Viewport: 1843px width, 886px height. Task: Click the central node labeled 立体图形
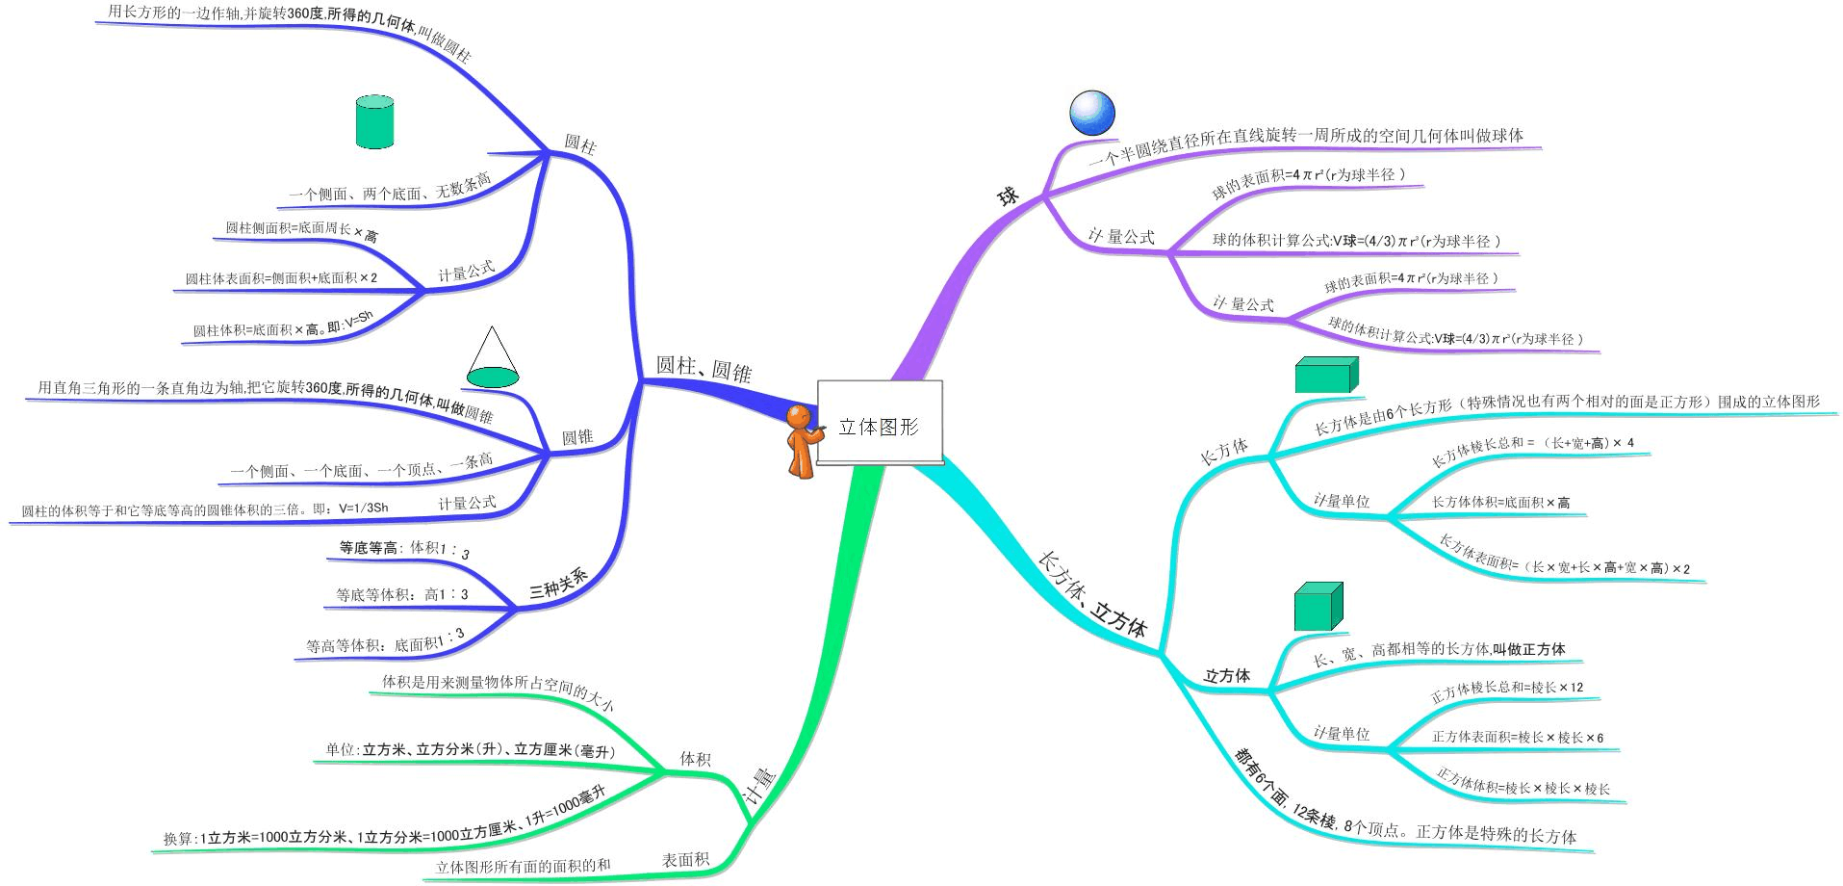point(879,425)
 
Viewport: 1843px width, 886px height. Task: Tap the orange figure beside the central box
point(801,441)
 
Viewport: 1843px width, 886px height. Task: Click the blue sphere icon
point(1091,112)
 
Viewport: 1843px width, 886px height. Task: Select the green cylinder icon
point(374,121)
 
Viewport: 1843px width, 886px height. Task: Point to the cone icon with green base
point(493,357)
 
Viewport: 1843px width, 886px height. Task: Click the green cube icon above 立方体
point(1318,607)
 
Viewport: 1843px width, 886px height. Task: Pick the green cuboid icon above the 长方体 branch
point(1325,375)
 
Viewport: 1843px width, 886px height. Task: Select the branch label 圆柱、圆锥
point(704,369)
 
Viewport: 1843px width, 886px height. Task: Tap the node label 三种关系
point(558,584)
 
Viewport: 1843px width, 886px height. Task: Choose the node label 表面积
point(685,859)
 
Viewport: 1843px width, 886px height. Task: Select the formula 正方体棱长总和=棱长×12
point(1506,691)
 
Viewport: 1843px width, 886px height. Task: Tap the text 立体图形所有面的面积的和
point(523,866)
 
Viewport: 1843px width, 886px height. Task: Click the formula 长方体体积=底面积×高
point(1500,502)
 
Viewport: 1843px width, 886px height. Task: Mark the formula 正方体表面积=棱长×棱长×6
point(1517,737)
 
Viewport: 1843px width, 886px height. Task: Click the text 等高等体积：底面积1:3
point(385,641)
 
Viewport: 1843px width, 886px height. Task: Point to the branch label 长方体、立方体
point(1093,594)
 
